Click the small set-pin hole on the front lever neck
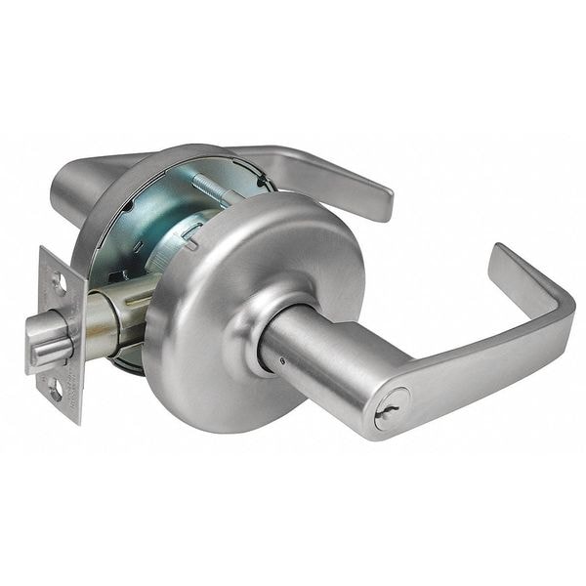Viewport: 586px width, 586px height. pos(281,359)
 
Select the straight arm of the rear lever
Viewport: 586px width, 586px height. pos(313,166)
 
